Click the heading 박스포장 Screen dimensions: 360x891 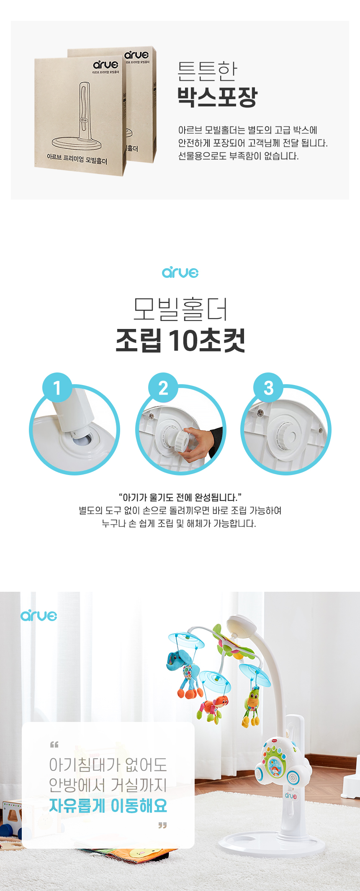coord(217,97)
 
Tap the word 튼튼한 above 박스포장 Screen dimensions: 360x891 coord(207,71)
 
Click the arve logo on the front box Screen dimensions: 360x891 coord(106,64)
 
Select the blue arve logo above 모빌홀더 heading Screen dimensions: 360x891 coord(180,272)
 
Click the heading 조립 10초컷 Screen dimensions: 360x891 coord(180,341)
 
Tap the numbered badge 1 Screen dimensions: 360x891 coord(57,388)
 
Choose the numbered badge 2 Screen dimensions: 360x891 coord(163,388)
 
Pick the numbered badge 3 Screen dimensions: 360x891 coord(269,388)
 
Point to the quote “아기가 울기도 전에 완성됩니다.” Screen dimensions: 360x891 coord(180,497)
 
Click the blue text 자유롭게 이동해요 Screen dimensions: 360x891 coord(108,806)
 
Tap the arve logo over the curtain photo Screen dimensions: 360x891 coord(39,616)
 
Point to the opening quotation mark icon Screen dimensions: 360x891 coord(54,745)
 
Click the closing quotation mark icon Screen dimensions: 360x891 coord(162,825)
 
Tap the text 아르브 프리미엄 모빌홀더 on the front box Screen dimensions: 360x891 coord(77,159)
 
